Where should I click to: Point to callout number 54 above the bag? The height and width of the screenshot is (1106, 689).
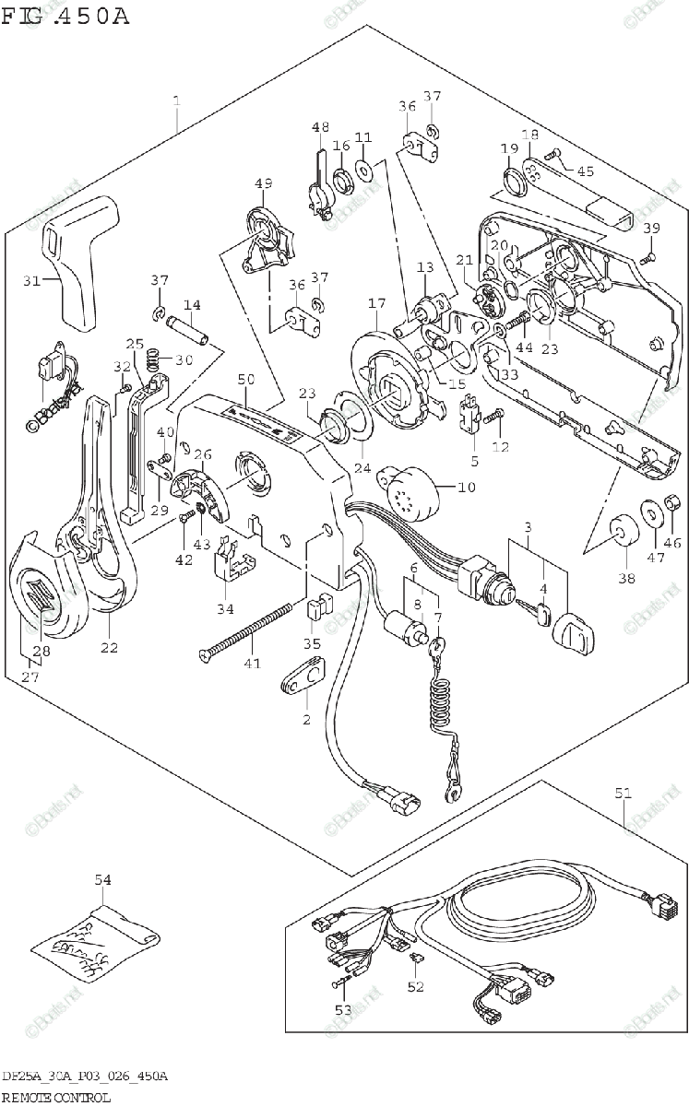[102, 880]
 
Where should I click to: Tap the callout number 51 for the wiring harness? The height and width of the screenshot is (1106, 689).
[624, 792]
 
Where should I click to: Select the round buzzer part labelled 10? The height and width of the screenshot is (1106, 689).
[410, 484]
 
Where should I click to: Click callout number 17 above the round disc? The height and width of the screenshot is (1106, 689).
[375, 303]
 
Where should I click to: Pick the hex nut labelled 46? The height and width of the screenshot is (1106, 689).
[673, 503]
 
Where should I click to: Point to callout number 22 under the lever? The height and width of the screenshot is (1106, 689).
[109, 647]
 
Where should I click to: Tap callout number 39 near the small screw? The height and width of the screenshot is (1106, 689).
[651, 229]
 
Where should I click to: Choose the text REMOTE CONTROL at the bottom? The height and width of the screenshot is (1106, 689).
[56, 1097]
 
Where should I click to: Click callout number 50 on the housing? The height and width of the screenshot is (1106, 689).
[244, 380]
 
